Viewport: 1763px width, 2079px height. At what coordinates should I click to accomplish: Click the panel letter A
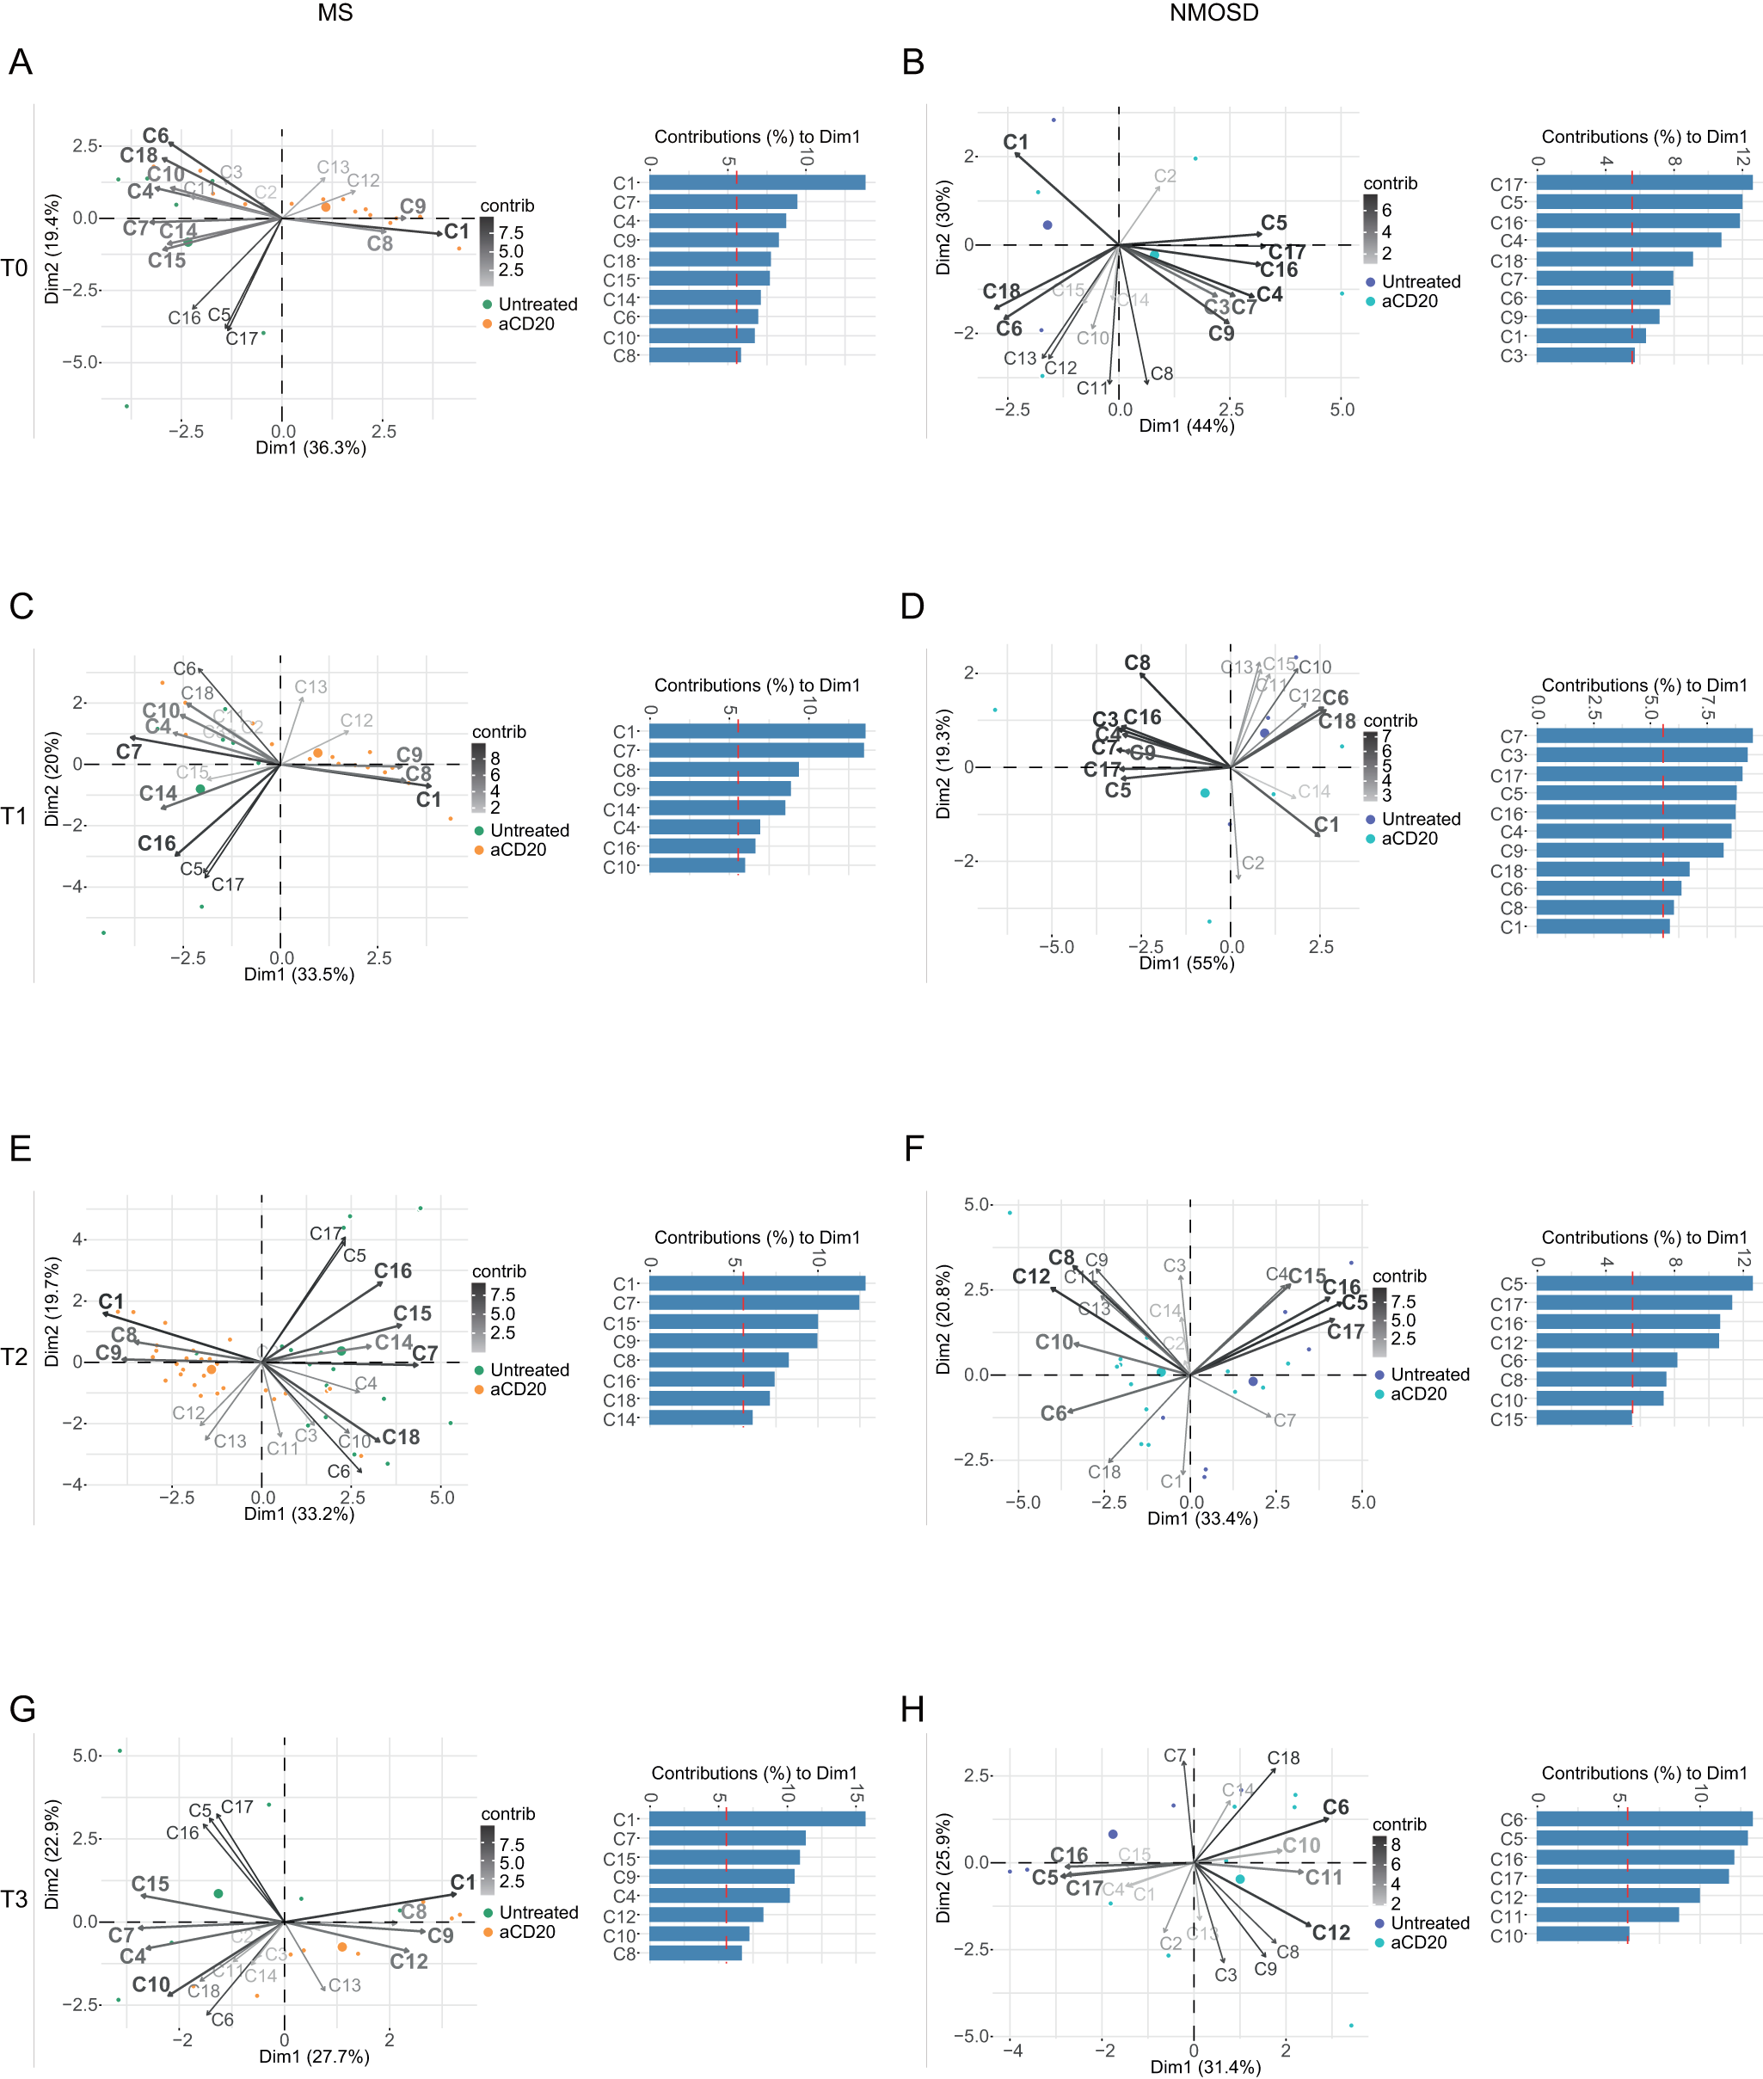20,62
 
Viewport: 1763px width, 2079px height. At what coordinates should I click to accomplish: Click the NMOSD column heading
1213,13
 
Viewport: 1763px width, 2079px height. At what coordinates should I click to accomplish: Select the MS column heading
335,13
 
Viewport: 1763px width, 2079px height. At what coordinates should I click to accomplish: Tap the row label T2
14,1356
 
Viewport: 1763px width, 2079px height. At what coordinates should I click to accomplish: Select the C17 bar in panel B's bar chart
1643,183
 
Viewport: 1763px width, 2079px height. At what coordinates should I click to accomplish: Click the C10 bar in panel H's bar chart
1582,1934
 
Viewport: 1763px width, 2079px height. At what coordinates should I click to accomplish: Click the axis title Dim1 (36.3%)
310,448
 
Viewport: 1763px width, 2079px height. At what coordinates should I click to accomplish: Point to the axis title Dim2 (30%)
943,228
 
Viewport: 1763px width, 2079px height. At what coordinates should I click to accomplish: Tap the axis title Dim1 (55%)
1186,963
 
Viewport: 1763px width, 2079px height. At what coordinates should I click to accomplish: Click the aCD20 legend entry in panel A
525,323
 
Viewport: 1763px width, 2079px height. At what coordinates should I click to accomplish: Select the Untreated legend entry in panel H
1429,1923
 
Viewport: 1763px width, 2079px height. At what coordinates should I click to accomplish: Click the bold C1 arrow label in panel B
1016,142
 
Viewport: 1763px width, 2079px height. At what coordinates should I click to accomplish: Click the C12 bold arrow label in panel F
1031,1276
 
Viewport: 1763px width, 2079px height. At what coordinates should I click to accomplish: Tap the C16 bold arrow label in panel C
157,844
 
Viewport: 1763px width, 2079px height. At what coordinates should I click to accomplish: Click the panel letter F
913,1149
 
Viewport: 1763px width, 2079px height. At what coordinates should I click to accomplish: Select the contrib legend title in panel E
499,1271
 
